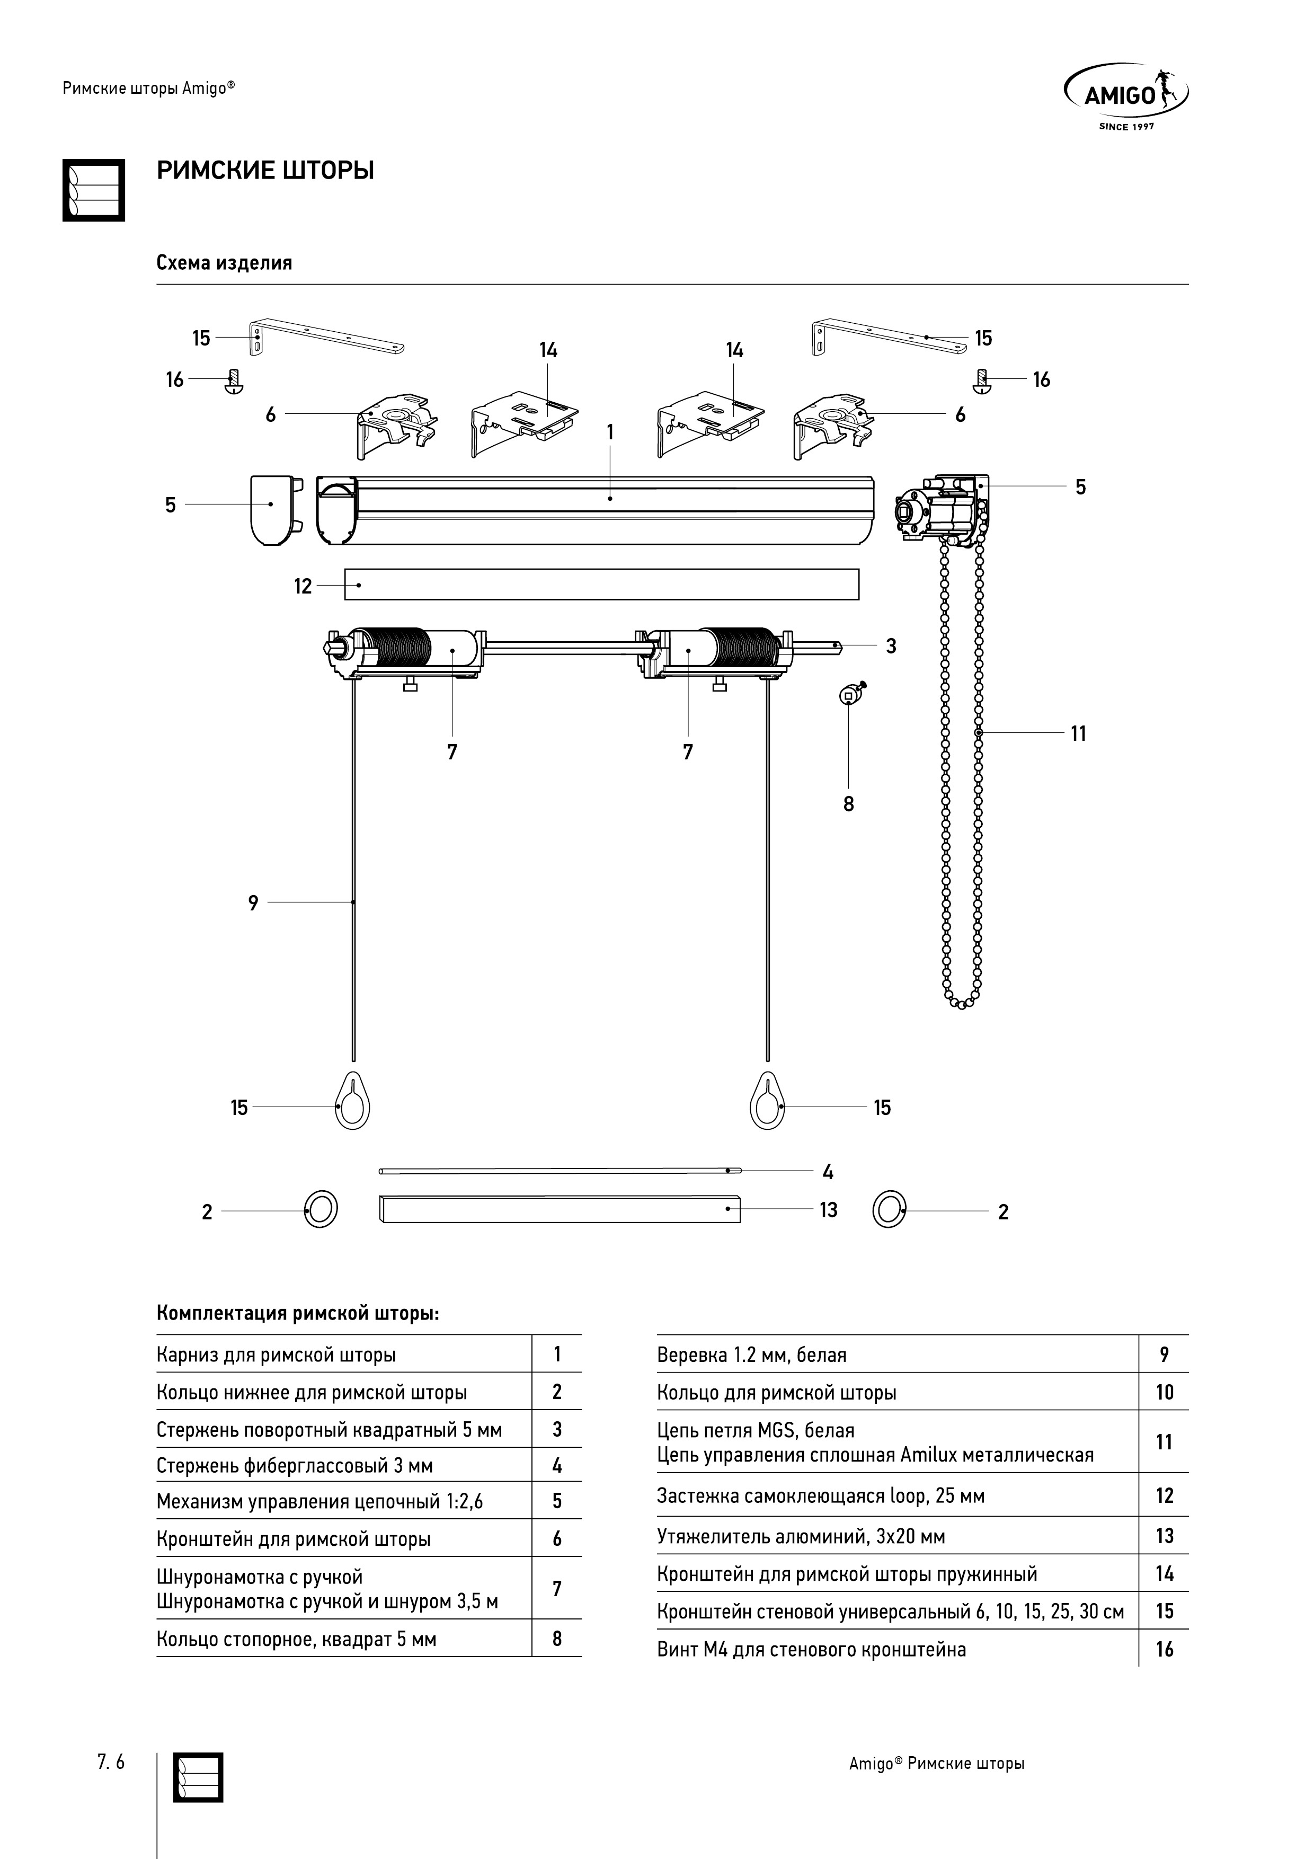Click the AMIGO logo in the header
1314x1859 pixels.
click(x=1126, y=97)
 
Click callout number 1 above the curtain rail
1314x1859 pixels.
click(x=610, y=432)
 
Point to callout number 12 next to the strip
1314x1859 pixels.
click(x=303, y=586)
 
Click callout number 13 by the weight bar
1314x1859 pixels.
click(x=828, y=1210)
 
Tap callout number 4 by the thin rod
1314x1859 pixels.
click(x=828, y=1172)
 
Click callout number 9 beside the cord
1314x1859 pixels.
click(x=253, y=903)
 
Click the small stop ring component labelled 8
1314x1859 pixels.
click(x=851, y=692)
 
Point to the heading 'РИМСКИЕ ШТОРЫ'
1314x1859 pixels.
click(x=265, y=171)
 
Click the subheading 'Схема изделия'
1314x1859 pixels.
click(x=224, y=263)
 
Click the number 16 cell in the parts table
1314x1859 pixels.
click(x=1164, y=1649)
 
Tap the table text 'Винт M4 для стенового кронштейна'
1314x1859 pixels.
click(x=811, y=1649)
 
